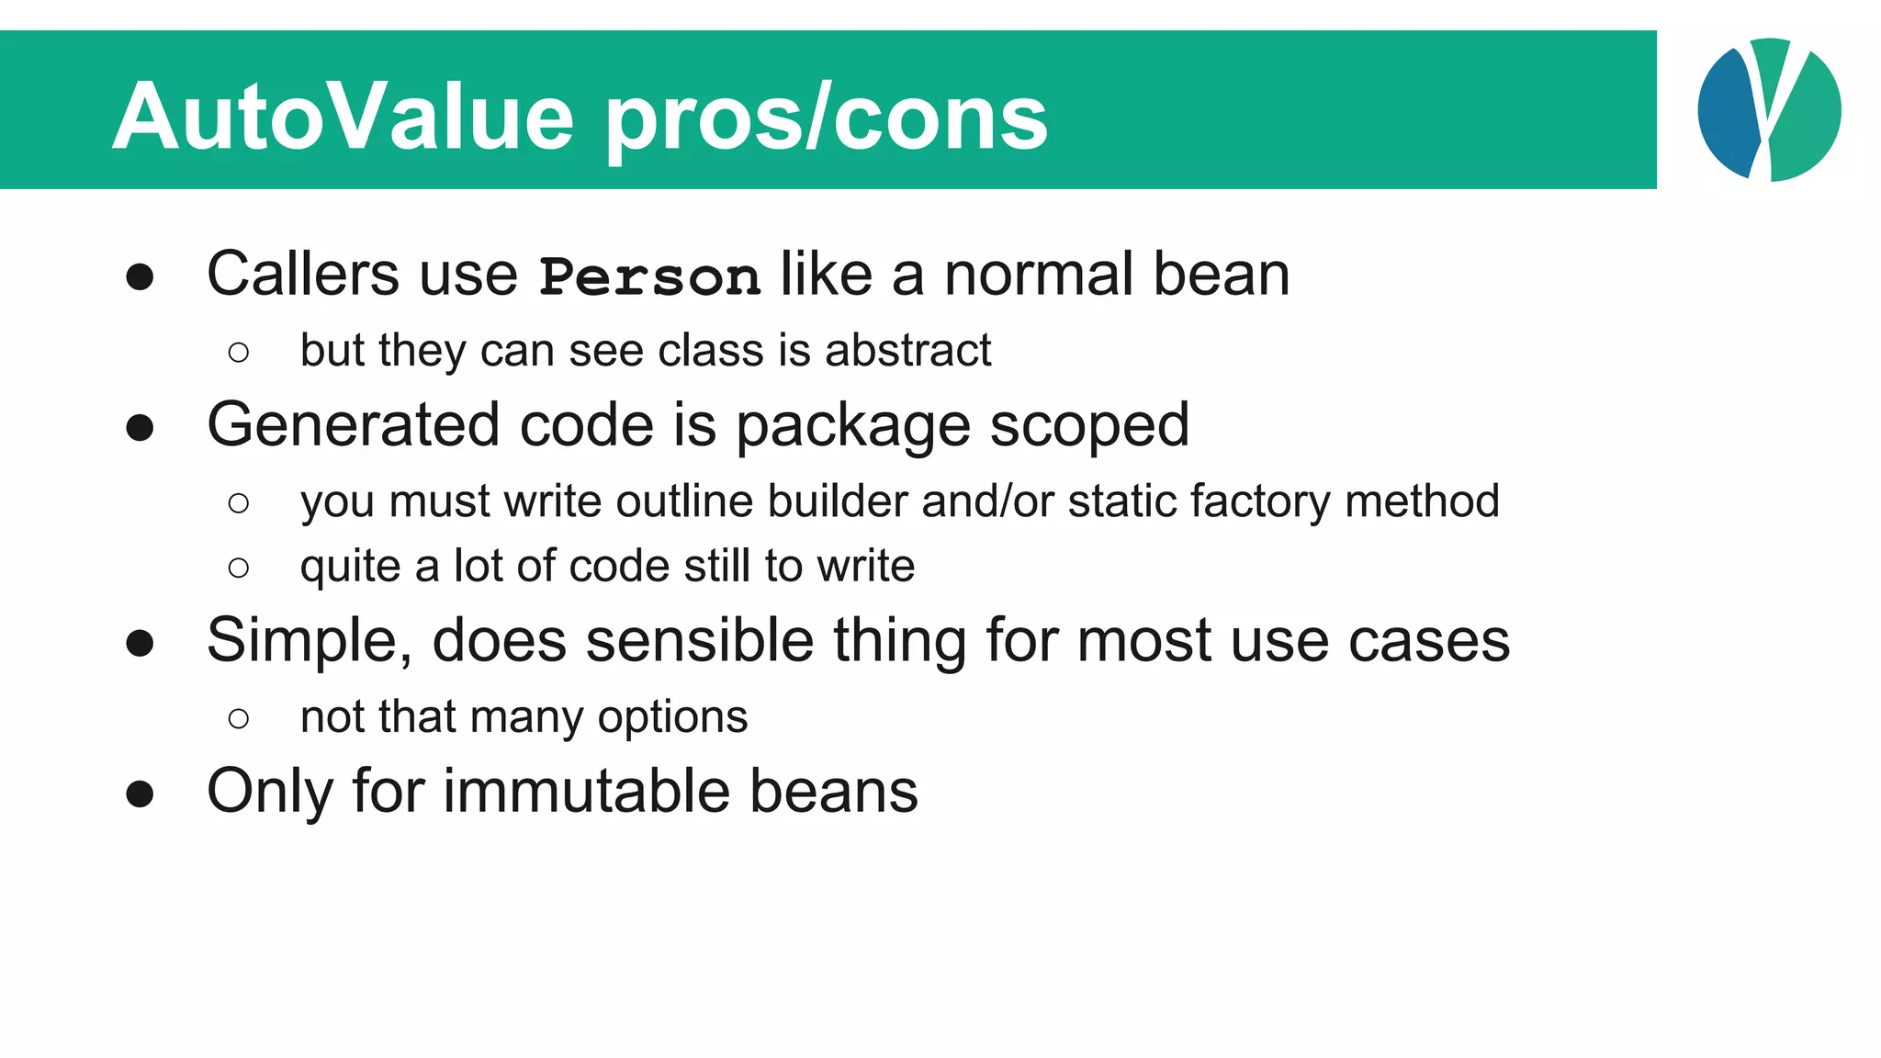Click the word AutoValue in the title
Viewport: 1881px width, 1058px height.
tap(344, 118)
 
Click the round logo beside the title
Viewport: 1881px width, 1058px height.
tap(1769, 109)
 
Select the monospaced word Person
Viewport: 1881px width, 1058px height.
tap(649, 276)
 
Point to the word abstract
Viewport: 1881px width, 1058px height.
tap(907, 351)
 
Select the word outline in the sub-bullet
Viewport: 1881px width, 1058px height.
tap(685, 501)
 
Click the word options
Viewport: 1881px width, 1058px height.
tap(672, 718)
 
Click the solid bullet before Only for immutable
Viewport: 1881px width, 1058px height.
tap(140, 793)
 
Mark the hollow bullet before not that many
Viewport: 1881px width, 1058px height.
tap(239, 718)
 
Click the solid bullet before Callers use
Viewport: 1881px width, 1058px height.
tap(140, 276)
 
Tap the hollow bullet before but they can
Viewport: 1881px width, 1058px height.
tap(239, 352)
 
